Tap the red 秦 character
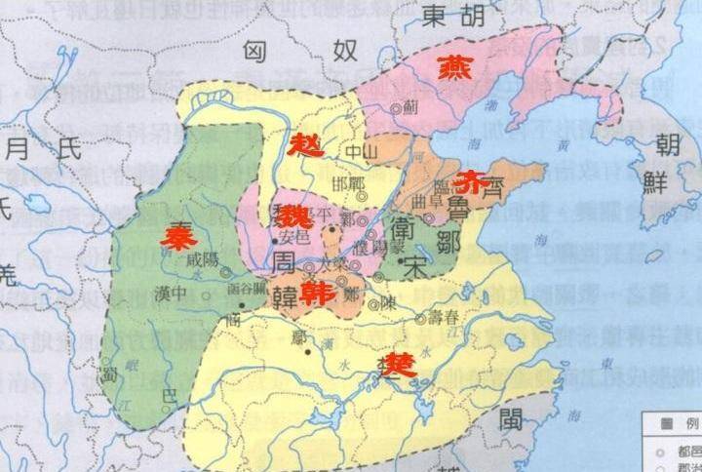click(178, 238)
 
